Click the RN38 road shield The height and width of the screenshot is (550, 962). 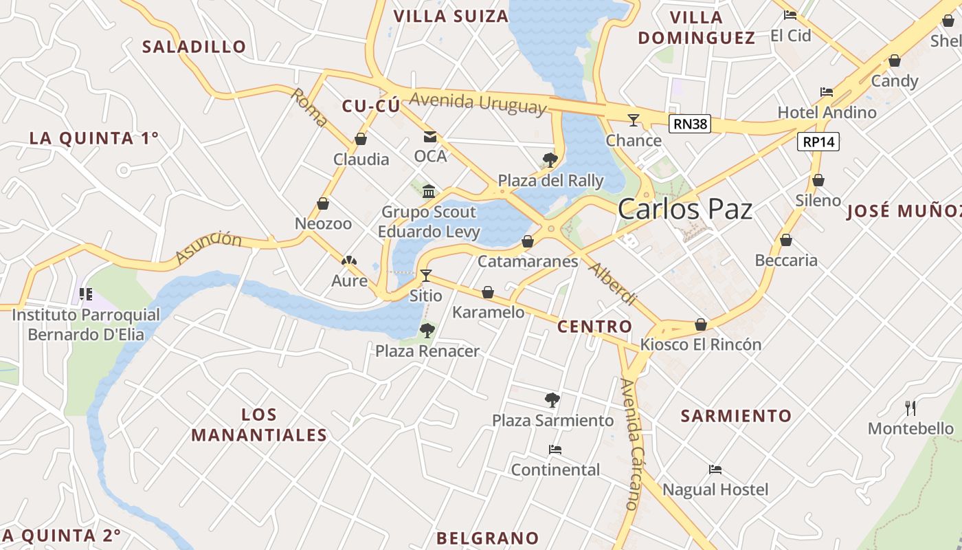click(x=690, y=124)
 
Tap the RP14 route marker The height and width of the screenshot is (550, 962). click(x=818, y=142)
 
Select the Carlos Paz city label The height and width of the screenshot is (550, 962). click(x=684, y=209)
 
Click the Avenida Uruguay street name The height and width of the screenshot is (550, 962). click(x=478, y=102)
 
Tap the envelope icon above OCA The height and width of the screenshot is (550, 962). click(x=430, y=137)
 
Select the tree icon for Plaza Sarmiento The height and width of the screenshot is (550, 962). click(x=552, y=400)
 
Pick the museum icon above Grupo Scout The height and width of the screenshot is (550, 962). click(x=429, y=191)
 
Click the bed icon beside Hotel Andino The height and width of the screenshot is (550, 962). click(x=827, y=92)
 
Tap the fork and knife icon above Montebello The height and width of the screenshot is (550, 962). click(x=911, y=408)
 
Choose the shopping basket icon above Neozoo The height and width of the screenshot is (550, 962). click(x=323, y=204)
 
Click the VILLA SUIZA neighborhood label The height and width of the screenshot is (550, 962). click(x=451, y=16)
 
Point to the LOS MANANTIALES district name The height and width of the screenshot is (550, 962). click(x=259, y=425)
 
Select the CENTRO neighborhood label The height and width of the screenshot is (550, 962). click(x=594, y=327)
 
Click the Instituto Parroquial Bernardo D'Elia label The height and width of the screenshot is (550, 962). click(x=86, y=325)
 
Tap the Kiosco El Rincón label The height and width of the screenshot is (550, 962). click(x=700, y=344)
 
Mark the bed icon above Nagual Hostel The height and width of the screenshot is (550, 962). click(x=715, y=470)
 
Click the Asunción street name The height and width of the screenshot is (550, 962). click(x=208, y=247)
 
